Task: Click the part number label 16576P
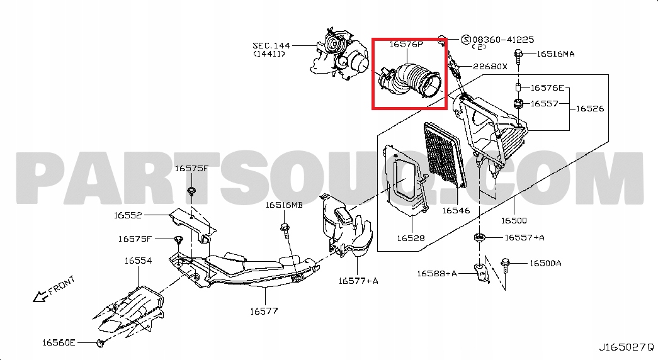click(406, 45)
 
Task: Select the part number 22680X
click(490, 66)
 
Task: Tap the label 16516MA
click(555, 54)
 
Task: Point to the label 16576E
click(547, 88)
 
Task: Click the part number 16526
click(589, 108)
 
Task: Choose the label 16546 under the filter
click(455, 211)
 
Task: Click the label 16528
click(411, 239)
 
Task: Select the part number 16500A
click(545, 263)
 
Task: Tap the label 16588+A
click(436, 273)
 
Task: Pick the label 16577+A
click(358, 281)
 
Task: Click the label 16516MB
click(283, 205)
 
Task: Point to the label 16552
click(128, 215)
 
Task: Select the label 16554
click(137, 260)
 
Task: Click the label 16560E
click(59, 342)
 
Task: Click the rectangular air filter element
click(445, 154)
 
